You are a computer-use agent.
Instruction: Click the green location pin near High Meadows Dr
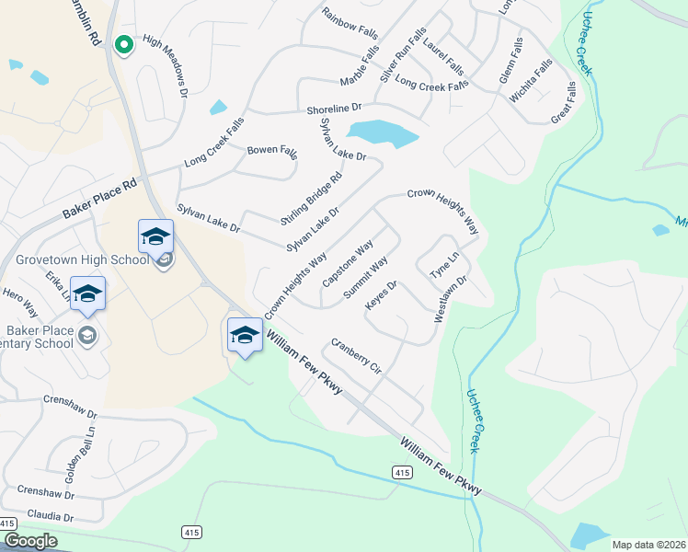122,43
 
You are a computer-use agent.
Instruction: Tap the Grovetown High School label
81,259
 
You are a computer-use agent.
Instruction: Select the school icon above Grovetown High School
155,236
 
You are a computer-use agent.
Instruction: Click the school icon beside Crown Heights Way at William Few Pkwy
245,335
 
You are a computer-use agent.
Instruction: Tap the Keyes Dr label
381,295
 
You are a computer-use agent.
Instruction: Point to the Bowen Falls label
272,150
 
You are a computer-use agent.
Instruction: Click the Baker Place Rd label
99,199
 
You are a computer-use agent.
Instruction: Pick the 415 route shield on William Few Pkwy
400,472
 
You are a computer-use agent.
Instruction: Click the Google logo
29,541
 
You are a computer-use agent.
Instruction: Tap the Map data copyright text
648,545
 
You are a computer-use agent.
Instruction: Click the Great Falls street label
563,103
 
